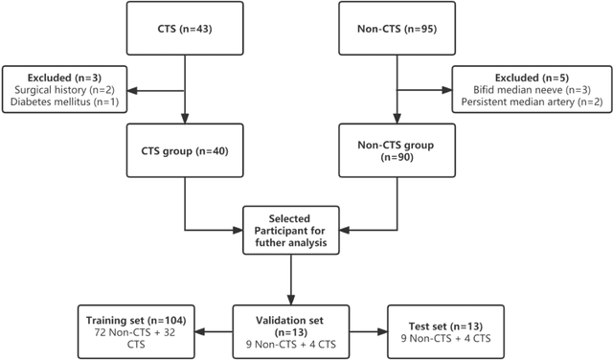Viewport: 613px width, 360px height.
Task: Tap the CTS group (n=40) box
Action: (184, 151)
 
